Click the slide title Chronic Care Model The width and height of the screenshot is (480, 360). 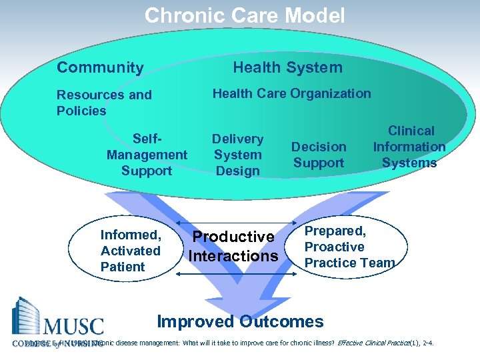[245, 15]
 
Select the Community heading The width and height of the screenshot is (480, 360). [100, 67]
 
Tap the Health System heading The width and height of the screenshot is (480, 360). [287, 67]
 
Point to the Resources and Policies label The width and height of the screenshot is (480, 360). [104, 103]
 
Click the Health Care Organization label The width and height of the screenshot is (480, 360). [291, 93]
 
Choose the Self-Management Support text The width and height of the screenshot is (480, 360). [147, 155]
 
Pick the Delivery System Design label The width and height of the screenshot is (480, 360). [237, 155]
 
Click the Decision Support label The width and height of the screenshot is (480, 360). [319, 155]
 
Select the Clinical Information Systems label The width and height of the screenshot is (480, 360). [409, 147]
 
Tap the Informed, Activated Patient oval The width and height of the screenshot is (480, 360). [131, 251]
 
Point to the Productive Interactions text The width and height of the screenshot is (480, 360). [233, 247]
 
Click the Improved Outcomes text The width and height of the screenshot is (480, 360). [240, 321]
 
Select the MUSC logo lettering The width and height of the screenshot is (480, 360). [74, 327]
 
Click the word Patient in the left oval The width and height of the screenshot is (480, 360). [123, 267]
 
